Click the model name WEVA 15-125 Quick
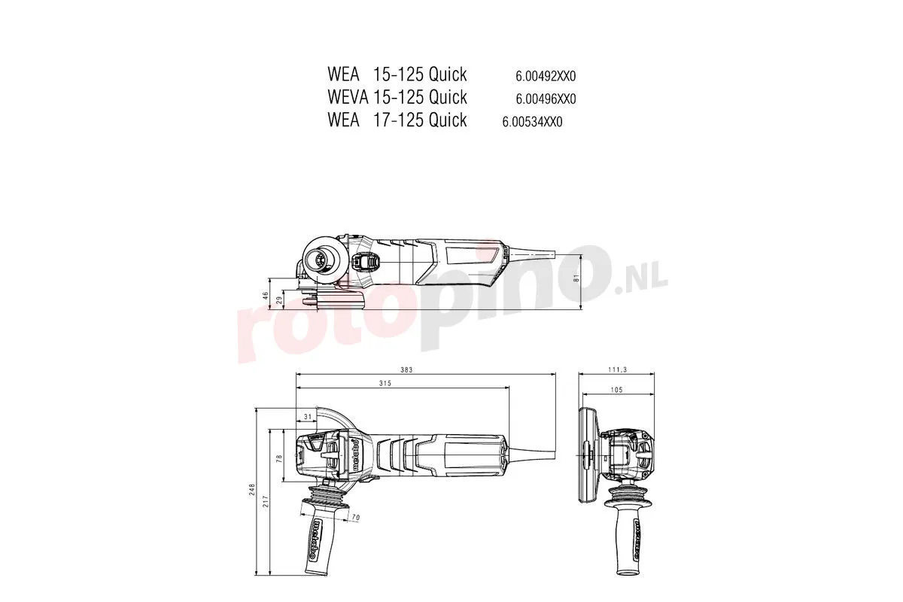coord(397,97)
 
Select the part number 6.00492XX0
coord(546,76)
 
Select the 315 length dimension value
coord(407,384)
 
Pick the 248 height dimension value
coord(253,492)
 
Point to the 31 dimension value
coord(307,417)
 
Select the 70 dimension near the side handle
coord(356,518)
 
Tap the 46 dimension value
coord(265,296)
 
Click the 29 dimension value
coord(278,300)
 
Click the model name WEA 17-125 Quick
coord(397,120)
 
